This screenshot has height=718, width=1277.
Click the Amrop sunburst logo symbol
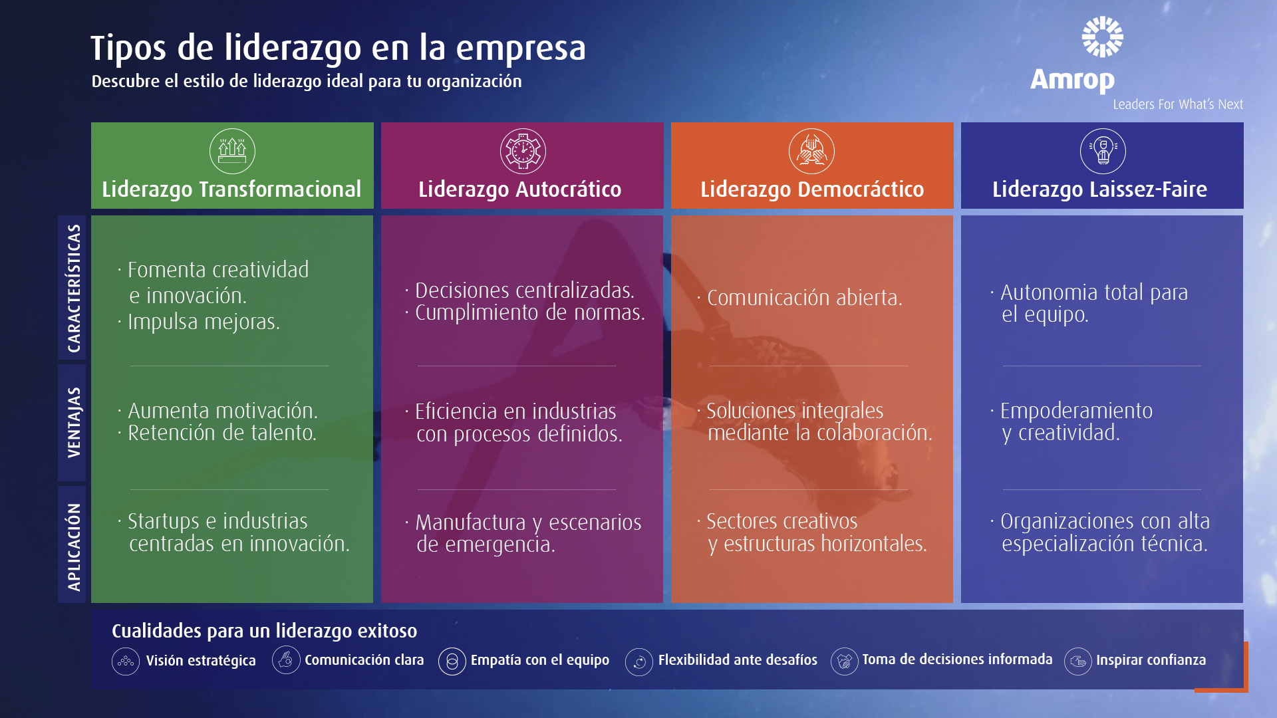pos(1102,37)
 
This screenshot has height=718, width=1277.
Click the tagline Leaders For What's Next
pos(1178,104)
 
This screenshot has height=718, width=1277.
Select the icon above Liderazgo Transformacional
pos(232,151)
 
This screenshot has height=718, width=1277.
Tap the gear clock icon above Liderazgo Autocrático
pos(523,151)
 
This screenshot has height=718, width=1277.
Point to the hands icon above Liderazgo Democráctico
pos(811,151)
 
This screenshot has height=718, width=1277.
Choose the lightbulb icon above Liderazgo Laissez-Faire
pos(1103,151)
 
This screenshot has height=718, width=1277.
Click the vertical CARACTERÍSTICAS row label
pos(74,289)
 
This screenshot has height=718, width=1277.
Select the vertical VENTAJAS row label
pos(74,422)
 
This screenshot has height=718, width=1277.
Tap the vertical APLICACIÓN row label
pos(74,547)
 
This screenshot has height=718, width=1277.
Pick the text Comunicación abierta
pos(804,298)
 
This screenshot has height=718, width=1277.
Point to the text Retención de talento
pos(222,433)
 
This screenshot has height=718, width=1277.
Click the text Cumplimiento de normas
pos(530,312)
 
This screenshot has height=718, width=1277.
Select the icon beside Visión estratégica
pos(126,661)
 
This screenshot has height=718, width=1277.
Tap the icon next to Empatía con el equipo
pos(452,661)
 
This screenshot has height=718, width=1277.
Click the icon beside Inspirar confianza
pos(1078,661)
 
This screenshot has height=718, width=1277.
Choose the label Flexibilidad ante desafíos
pos(738,660)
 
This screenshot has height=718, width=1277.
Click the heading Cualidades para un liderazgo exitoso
pos(264,631)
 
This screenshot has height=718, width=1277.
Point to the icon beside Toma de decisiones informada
pos(845,661)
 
